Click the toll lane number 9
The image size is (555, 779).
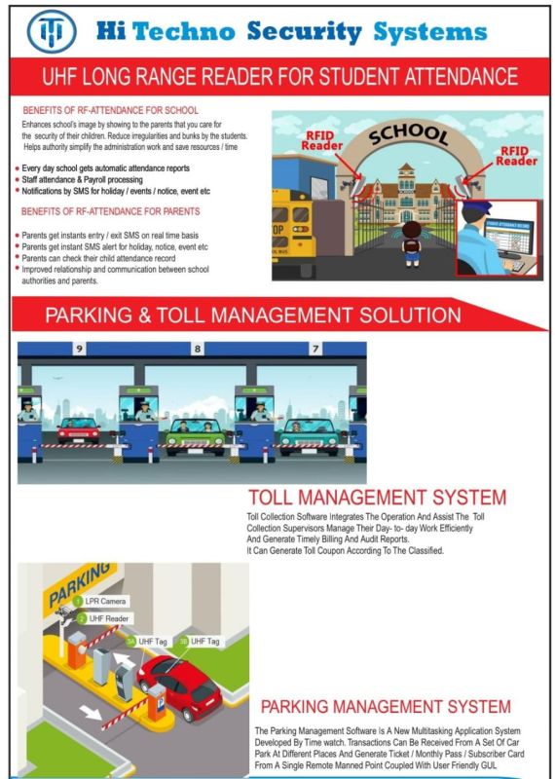tap(79, 349)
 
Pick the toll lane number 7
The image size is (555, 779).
tap(315, 349)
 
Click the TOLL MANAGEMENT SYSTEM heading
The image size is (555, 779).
tap(377, 498)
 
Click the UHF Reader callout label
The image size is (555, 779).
tap(106, 618)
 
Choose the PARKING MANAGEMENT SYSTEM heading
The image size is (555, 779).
tap(385, 706)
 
